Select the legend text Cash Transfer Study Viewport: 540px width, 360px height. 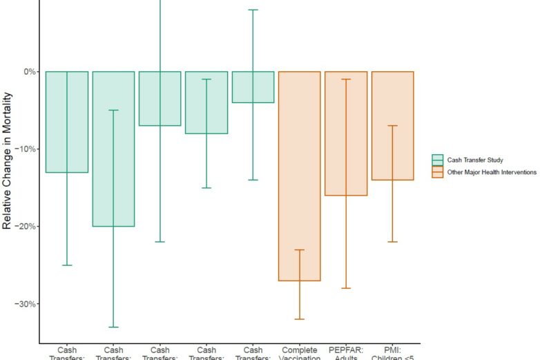click(476, 160)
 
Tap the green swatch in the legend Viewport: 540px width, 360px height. click(437, 160)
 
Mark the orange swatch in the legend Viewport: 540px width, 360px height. click(437, 171)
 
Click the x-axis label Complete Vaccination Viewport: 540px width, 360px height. click(300, 353)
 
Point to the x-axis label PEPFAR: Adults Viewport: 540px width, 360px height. click(346, 353)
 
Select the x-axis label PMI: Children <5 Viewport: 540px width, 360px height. click(392, 353)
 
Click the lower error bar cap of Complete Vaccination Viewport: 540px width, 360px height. click(300, 319)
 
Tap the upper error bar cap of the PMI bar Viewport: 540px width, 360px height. click(392, 126)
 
